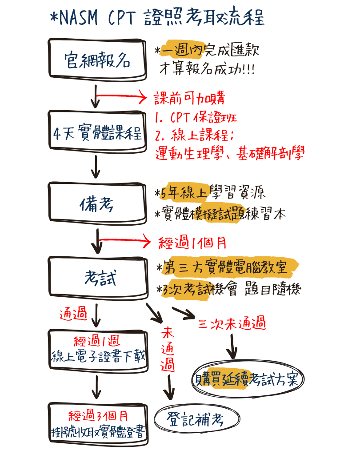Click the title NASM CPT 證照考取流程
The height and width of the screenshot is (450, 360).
click(x=158, y=19)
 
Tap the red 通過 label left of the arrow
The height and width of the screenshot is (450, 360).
click(x=73, y=315)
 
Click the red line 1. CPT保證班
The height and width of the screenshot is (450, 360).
click(x=196, y=118)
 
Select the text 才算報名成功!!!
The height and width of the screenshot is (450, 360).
click(x=207, y=70)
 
